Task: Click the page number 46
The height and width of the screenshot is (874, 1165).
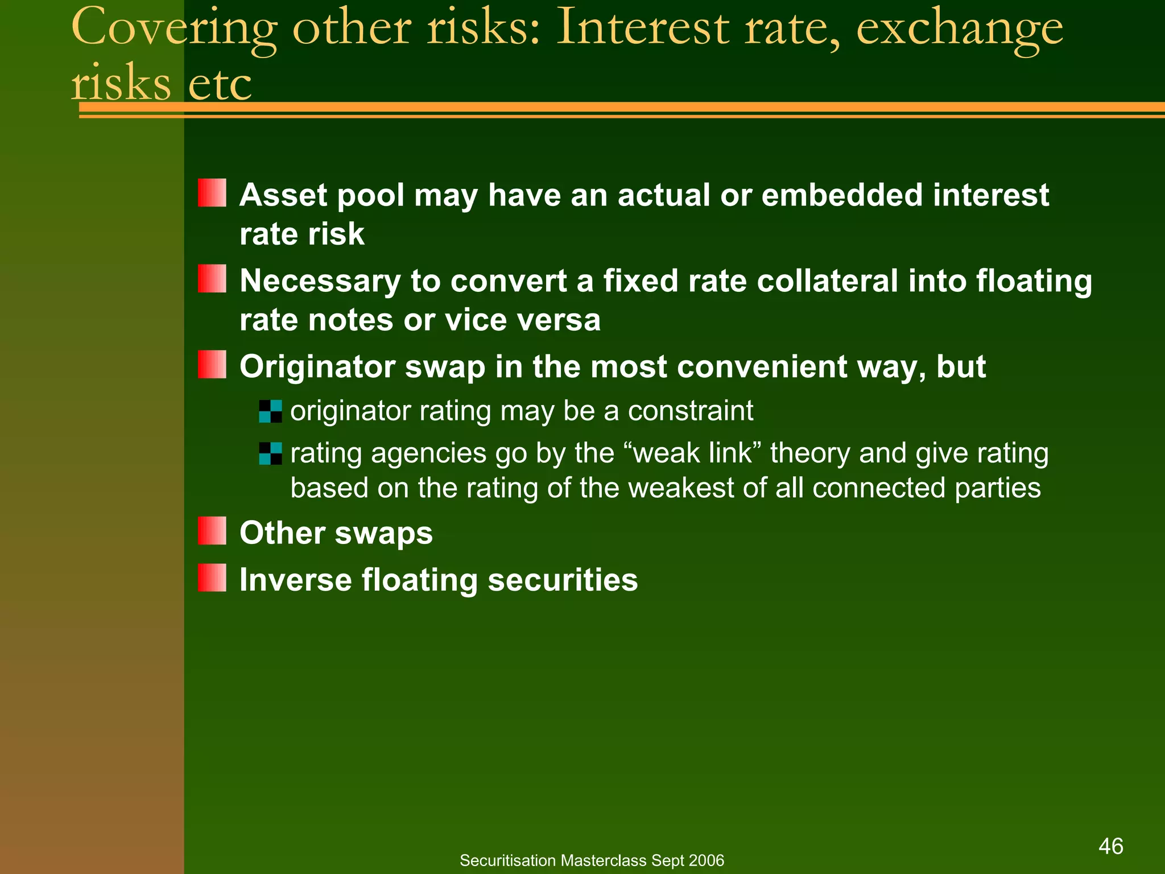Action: pyautogui.click(x=1110, y=846)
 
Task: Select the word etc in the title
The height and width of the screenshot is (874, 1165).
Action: pyautogui.click(x=220, y=84)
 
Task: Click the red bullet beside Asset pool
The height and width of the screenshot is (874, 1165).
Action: pyautogui.click(x=212, y=193)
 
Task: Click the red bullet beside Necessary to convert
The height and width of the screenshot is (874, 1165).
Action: pyautogui.click(x=212, y=279)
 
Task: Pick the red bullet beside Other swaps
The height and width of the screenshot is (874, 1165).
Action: pyautogui.click(x=212, y=531)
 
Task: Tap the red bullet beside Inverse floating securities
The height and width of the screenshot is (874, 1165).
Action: pyautogui.click(x=212, y=578)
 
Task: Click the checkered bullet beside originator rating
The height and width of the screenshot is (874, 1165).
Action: pyautogui.click(x=270, y=411)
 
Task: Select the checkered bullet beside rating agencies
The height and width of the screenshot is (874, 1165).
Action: pyautogui.click(x=270, y=454)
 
